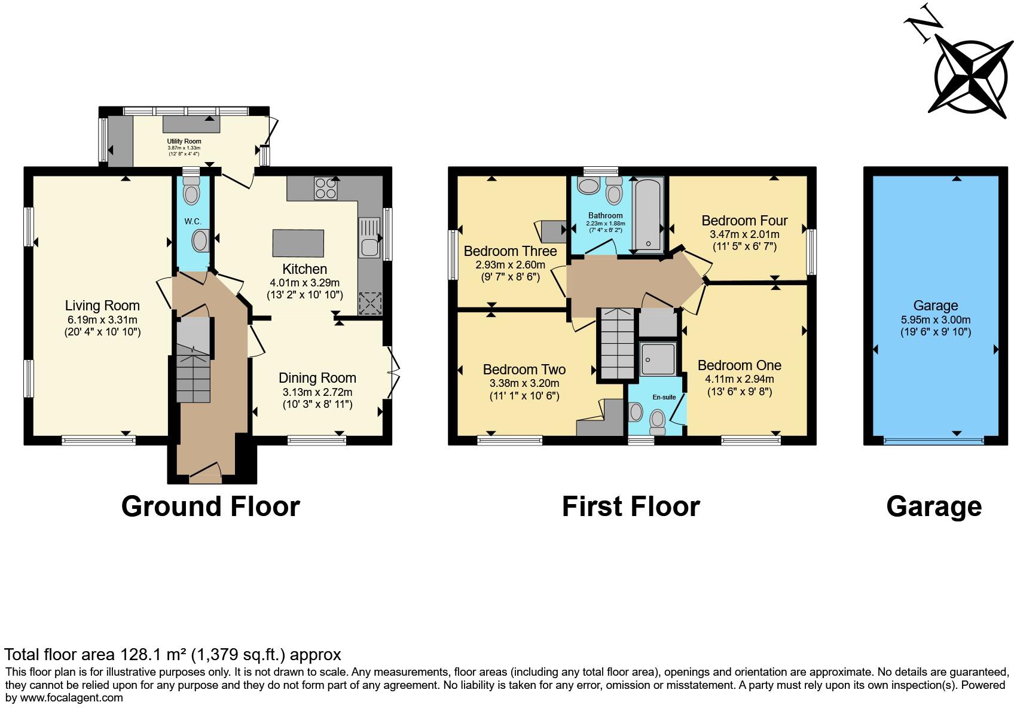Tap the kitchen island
(x=298, y=243)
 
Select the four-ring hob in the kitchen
(x=325, y=188)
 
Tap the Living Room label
(x=102, y=306)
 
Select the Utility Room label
(x=184, y=141)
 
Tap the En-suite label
(x=664, y=397)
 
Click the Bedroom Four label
(x=744, y=221)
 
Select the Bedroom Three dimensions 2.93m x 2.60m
(x=510, y=265)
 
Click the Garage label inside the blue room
(x=935, y=306)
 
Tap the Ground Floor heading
(x=210, y=506)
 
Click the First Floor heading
(x=631, y=506)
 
